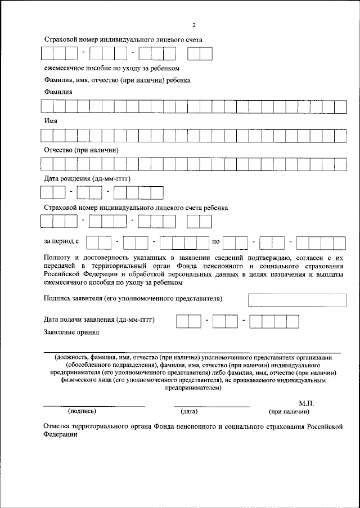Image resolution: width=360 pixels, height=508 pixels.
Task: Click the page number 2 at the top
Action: [x=193, y=26]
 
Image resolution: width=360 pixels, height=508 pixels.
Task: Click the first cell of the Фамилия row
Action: [x=47, y=106]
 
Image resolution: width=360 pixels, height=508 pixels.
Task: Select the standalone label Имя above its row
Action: [x=50, y=121]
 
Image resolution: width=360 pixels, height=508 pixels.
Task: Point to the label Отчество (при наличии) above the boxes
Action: [x=81, y=150]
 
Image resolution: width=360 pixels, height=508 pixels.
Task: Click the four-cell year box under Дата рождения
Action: [x=138, y=193]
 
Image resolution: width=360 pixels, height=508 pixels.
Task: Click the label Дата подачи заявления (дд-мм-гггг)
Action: [x=99, y=320]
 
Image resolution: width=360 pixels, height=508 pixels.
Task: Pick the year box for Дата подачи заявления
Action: [x=274, y=321]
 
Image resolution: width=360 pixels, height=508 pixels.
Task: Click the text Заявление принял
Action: [x=71, y=332]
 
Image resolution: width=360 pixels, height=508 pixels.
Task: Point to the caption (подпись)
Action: [x=78, y=411]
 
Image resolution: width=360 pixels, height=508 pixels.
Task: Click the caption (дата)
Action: [x=188, y=411]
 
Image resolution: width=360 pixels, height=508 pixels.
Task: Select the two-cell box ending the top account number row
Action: [x=199, y=54]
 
